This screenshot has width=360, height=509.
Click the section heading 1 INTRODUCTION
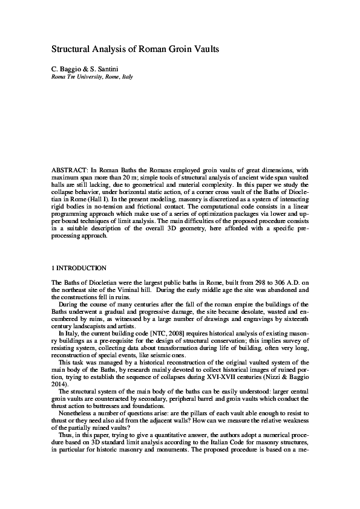(x=79, y=268)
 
